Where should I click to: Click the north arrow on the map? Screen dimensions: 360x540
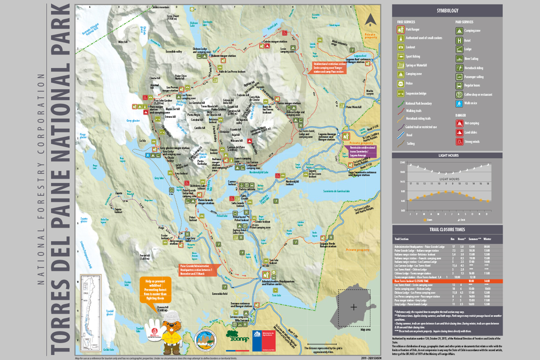coord(370,20)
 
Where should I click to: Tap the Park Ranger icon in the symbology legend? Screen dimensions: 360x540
coord(400,29)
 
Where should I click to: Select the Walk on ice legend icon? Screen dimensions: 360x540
coord(459,103)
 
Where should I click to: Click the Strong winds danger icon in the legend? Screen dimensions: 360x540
coord(459,141)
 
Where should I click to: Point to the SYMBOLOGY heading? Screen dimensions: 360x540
coord(447,11)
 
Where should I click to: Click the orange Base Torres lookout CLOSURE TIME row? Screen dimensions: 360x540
coord(447,281)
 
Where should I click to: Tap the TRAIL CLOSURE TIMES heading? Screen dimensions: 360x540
coord(447,229)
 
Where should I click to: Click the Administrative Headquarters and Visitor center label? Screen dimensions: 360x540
coord(278,283)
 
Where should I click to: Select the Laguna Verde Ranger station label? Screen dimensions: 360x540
coord(328,245)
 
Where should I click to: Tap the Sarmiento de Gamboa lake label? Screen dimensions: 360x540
coord(336,191)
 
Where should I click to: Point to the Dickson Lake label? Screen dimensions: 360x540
coord(194,24)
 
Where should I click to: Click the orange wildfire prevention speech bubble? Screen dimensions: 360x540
coord(155,290)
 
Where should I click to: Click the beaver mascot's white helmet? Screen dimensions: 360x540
coord(172,316)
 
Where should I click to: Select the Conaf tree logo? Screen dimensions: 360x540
coord(237,336)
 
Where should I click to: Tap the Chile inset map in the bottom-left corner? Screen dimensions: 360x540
coord(90,313)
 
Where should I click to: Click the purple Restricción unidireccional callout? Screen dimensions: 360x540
coord(362,151)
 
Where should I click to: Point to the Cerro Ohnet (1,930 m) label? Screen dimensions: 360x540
coord(173,17)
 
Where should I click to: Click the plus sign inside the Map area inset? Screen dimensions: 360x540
coord(354,307)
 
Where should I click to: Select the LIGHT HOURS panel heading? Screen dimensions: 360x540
coord(448,155)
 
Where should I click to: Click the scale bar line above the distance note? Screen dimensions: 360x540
coord(322,344)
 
